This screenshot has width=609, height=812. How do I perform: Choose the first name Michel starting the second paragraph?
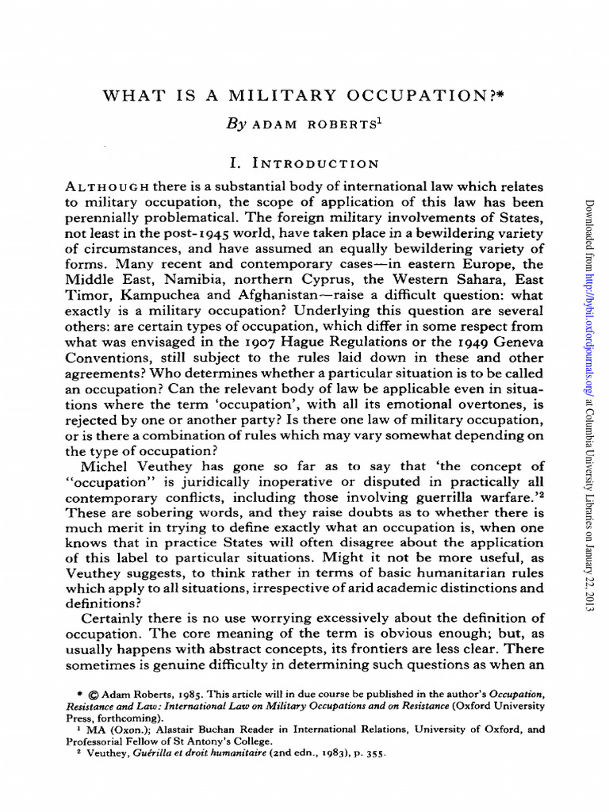click(110, 465)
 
